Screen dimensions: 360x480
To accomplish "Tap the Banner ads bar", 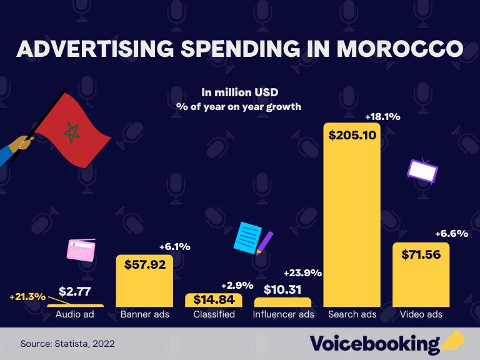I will [144, 287].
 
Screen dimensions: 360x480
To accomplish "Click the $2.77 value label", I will [76, 291].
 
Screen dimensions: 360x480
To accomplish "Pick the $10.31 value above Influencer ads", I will [282, 289].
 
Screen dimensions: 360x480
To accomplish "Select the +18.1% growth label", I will [382, 116].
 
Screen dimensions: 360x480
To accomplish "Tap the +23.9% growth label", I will [302, 272].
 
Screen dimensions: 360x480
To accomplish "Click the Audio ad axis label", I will [75, 314].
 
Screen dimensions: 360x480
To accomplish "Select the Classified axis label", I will [214, 314].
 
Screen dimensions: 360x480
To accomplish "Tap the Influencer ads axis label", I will [283, 314].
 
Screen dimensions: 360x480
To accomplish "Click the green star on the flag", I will [72, 131].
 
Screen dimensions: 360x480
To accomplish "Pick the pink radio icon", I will [81, 249].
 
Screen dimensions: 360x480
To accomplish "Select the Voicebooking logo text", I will [375, 344].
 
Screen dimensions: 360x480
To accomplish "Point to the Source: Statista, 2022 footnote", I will [67, 344].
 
